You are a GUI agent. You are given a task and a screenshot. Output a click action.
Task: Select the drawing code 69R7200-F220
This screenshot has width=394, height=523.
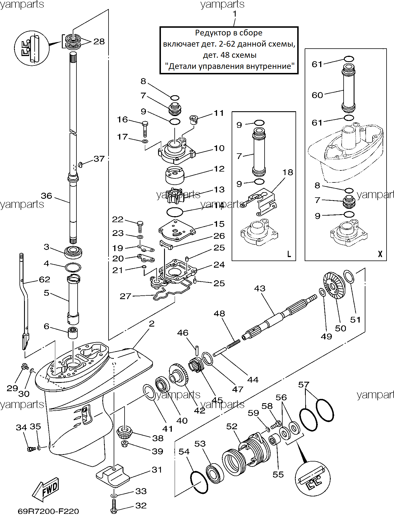[48, 511]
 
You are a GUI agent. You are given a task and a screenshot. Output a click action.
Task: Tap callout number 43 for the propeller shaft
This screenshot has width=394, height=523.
[260, 289]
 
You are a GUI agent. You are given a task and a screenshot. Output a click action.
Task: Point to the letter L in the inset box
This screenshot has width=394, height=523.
[289, 254]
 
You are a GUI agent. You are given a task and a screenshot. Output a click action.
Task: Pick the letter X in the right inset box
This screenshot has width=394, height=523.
[380, 254]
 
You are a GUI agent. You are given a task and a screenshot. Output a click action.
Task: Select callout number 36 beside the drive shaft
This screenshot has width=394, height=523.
[46, 196]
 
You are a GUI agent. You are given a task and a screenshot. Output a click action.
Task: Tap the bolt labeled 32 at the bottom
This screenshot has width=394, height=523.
[114, 506]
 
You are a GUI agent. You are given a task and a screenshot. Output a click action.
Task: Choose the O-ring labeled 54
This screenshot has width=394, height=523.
[199, 482]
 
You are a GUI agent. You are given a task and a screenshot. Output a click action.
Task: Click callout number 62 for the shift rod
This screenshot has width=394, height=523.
[44, 279]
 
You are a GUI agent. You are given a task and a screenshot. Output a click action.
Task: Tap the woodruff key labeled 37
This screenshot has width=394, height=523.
[80, 164]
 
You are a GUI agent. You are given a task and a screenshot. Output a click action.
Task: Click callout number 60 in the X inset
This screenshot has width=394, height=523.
[317, 95]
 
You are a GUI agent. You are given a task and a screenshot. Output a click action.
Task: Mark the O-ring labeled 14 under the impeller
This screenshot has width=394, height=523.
[175, 212]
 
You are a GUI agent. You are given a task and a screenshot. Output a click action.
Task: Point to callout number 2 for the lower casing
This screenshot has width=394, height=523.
[151, 324]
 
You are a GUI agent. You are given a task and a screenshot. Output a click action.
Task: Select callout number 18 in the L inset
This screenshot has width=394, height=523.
[288, 172]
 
